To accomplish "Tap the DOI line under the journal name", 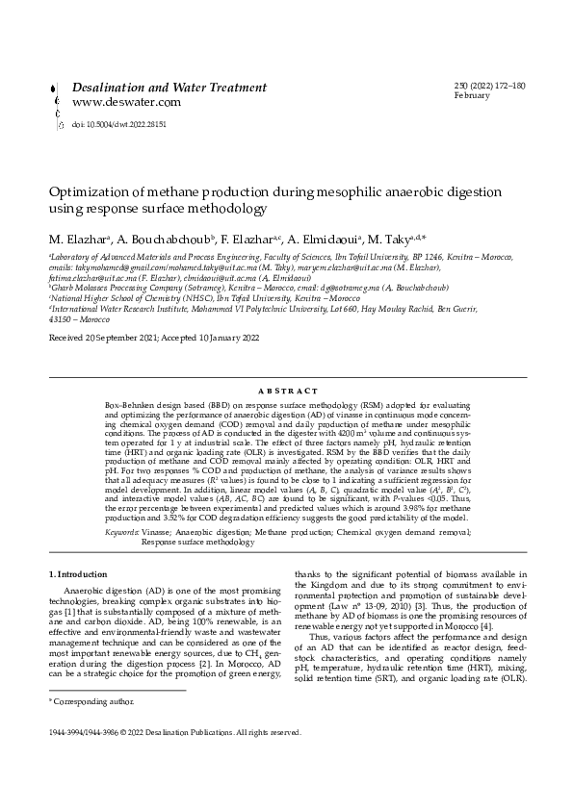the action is [x=119, y=125].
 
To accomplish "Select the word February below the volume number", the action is [x=472, y=97].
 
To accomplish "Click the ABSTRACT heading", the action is [x=287, y=391].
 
